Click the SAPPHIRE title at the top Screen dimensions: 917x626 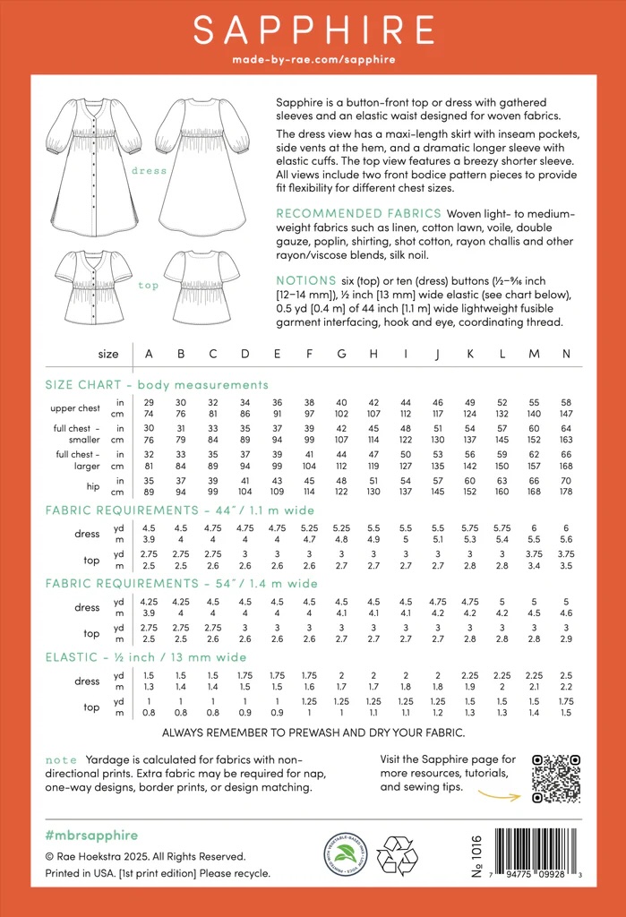[313, 30]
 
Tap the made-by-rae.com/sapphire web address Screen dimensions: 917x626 [313, 60]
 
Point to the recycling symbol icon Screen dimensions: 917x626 [397, 854]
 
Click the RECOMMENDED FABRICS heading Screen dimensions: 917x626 [358, 213]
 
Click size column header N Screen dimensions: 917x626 [566, 354]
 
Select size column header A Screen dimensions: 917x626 [149, 354]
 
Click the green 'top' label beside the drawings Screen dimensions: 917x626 [149, 286]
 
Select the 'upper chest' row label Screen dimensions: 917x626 [75, 408]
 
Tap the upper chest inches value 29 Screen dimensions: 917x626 [149, 402]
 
